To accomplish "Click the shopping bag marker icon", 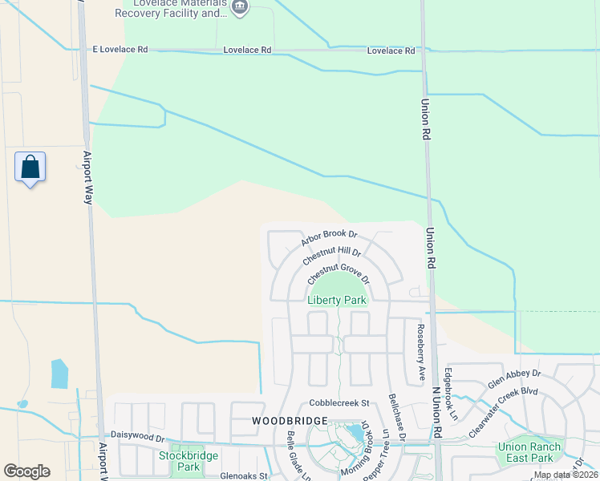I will tap(30, 168).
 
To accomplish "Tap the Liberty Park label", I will tap(337, 301).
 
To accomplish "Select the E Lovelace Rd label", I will tap(120, 50).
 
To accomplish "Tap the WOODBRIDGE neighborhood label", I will tap(289, 421).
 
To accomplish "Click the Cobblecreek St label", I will tap(339, 402).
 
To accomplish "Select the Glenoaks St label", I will tap(243, 475).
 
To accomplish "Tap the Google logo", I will tap(26, 471).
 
